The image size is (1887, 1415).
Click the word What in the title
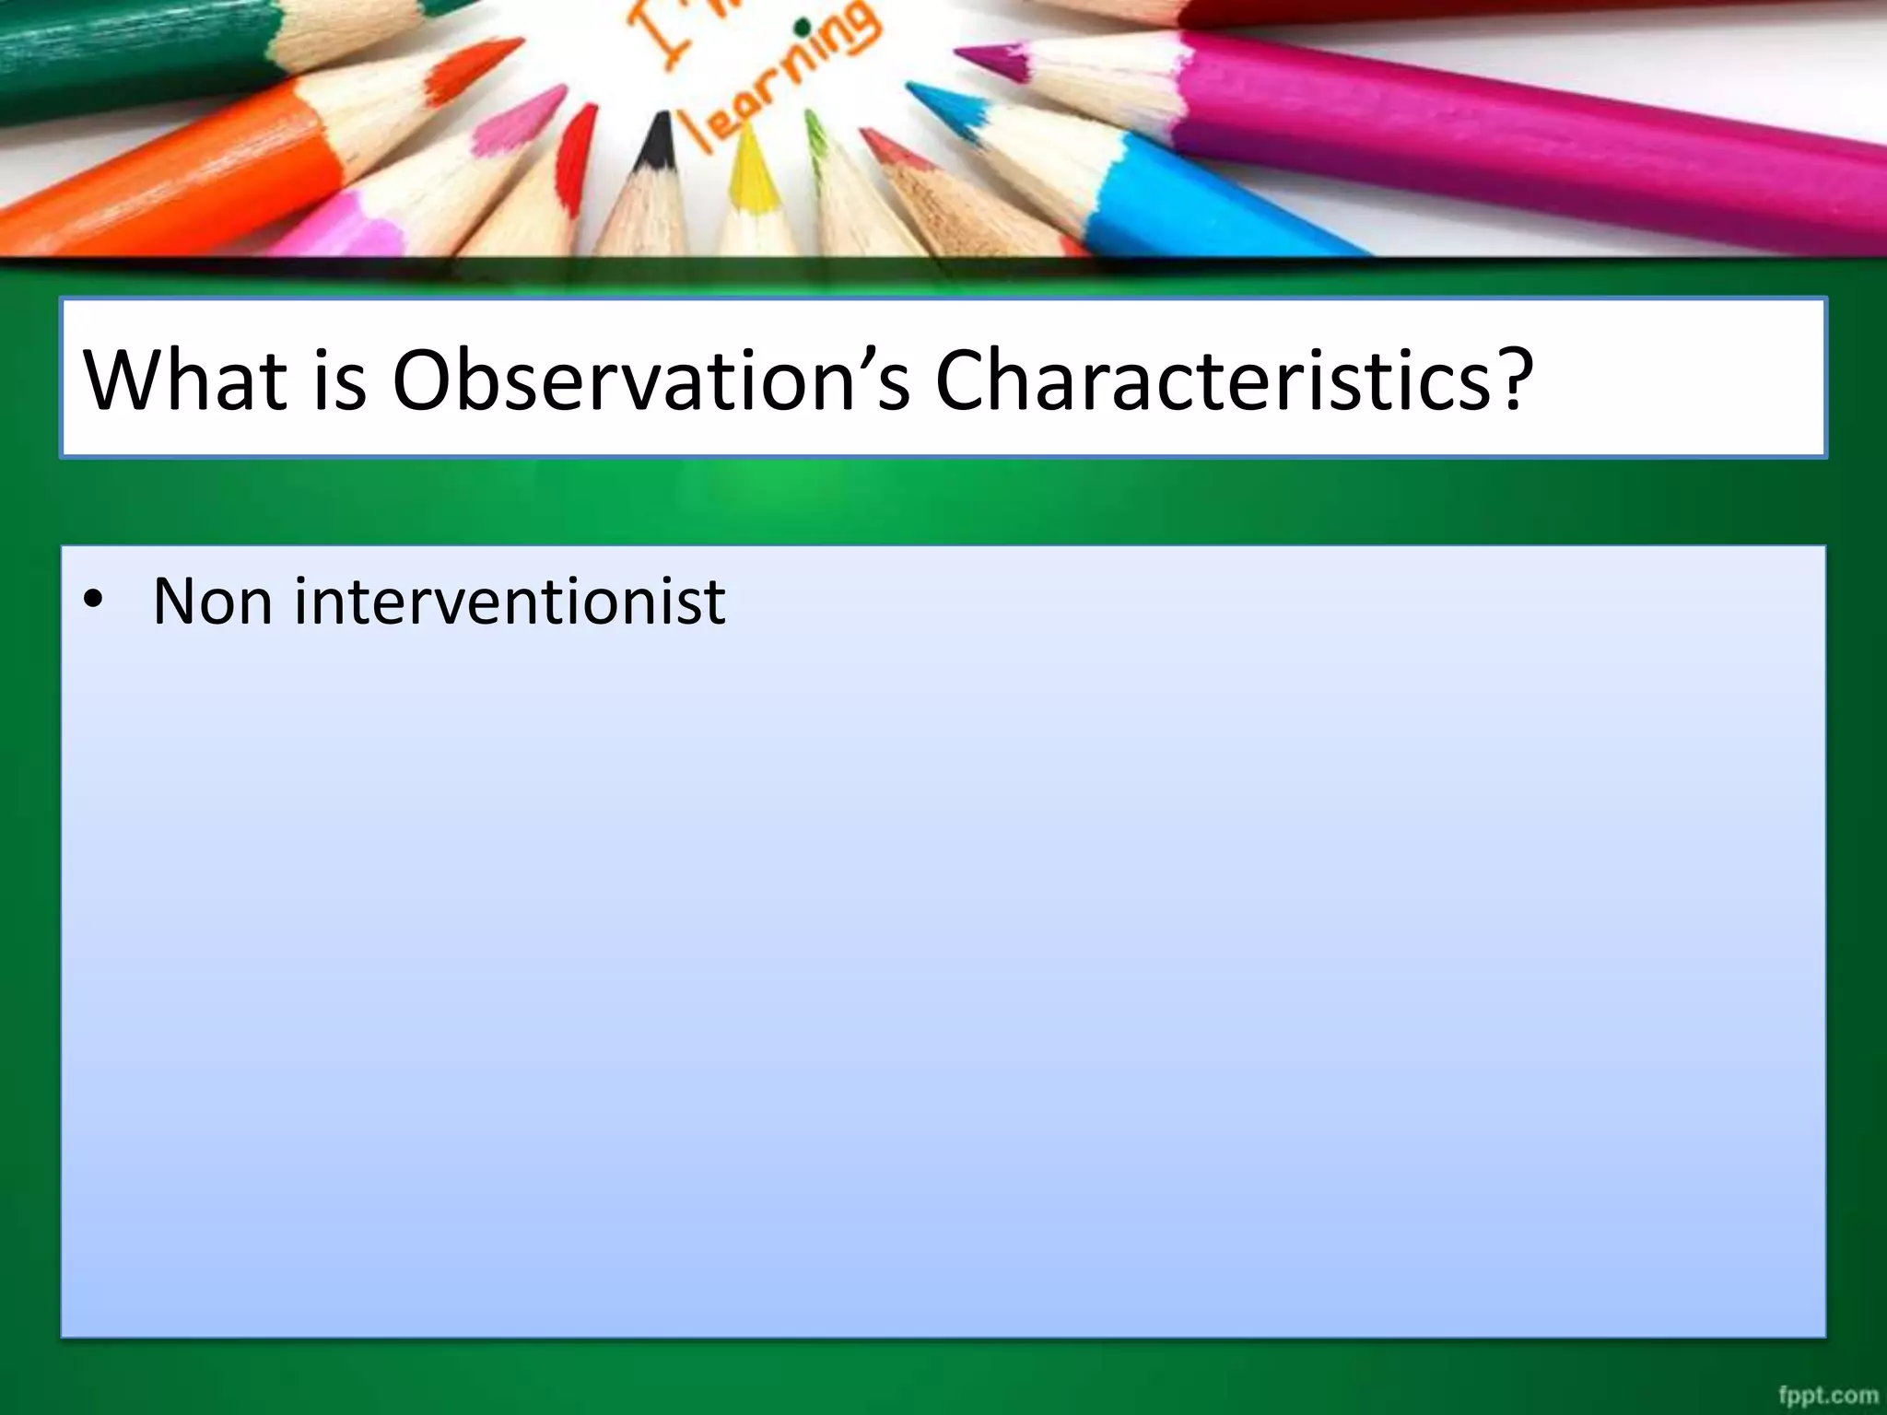coord(184,380)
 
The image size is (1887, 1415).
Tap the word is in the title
coord(339,380)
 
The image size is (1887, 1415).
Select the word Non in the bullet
coord(212,601)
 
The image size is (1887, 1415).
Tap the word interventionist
coord(510,601)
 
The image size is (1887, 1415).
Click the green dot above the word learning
coord(804,28)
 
